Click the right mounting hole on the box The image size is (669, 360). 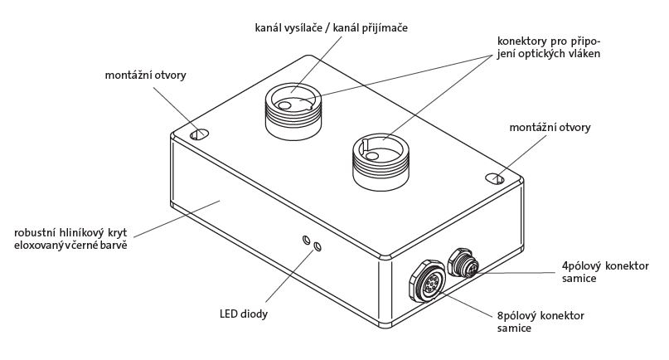[494, 177]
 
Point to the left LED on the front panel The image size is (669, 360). [307, 241]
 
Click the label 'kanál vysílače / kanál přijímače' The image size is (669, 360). [332, 28]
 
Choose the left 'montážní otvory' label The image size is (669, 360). [145, 75]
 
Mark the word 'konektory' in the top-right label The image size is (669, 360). [523, 41]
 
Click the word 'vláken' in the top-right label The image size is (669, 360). [582, 55]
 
